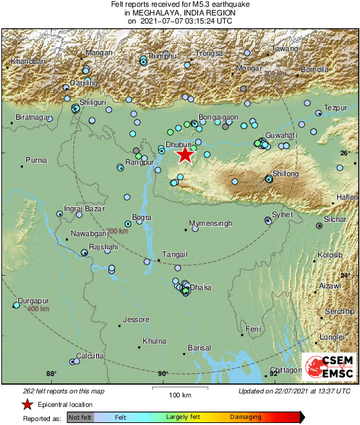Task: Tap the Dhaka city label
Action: coord(201,288)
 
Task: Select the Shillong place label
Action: coord(285,173)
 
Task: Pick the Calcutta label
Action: coord(89,356)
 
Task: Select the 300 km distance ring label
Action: coord(117,231)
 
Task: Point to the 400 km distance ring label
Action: coord(38,309)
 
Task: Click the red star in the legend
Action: coord(27,404)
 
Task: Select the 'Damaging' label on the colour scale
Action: coord(246,417)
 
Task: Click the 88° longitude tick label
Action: coord(50,374)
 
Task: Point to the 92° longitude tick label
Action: coord(273,374)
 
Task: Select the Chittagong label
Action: coord(285,370)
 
